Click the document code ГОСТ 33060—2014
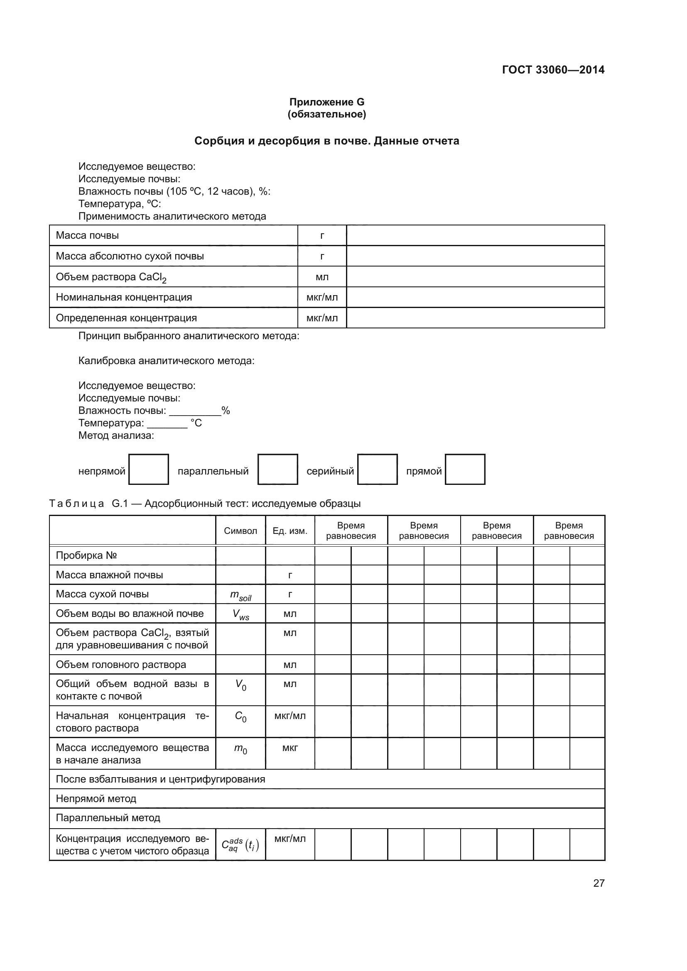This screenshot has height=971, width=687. click(553, 70)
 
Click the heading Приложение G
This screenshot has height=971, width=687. click(326, 102)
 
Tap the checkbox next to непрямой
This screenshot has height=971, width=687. click(148, 469)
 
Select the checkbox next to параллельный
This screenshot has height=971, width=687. click(277, 469)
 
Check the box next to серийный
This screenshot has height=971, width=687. click(377, 469)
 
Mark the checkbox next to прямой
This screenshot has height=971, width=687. click(464, 469)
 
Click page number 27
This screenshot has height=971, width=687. click(599, 883)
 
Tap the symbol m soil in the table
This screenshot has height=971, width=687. click(240, 595)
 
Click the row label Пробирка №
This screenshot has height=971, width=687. click(86, 555)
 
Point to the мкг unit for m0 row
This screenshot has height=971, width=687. click(290, 748)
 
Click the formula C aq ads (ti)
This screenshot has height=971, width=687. click(240, 844)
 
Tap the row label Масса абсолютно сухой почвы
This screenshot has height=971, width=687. click(130, 256)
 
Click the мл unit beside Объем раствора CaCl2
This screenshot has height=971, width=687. click(322, 277)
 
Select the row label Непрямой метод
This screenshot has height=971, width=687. click(96, 799)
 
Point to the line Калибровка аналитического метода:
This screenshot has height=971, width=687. click(166, 361)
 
